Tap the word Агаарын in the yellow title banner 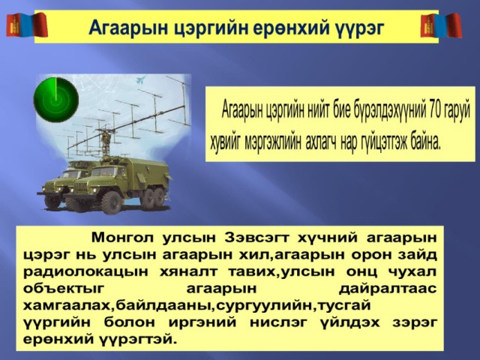(x=128, y=28)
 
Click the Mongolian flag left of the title (x=27, y=25)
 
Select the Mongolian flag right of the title (x=441, y=25)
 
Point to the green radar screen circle (x=56, y=100)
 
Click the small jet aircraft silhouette (x=141, y=80)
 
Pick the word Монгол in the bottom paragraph (x=122, y=238)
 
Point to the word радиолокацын (x=85, y=272)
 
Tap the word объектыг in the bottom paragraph (x=64, y=289)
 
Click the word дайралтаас (x=388, y=289)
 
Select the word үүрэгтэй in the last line (x=138, y=340)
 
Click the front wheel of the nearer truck (x=111, y=202)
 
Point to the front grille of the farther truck (x=52, y=186)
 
